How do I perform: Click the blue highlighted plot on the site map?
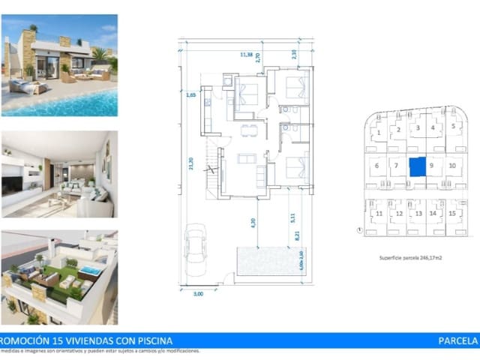click(x=416, y=166)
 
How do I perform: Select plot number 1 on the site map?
click(x=380, y=133)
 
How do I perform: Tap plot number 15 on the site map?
click(x=451, y=214)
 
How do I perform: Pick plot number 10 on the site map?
click(x=451, y=165)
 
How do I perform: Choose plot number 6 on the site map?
click(x=376, y=166)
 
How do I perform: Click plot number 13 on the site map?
click(x=417, y=214)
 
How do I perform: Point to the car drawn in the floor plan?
click(x=196, y=247)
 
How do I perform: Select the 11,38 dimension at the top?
click(x=245, y=54)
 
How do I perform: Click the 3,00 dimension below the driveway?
click(x=199, y=294)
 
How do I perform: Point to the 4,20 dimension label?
click(x=253, y=222)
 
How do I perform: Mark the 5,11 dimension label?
click(x=291, y=218)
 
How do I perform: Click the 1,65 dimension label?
click(x=191, y=96)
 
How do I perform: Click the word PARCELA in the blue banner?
click(x=457, y=340)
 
